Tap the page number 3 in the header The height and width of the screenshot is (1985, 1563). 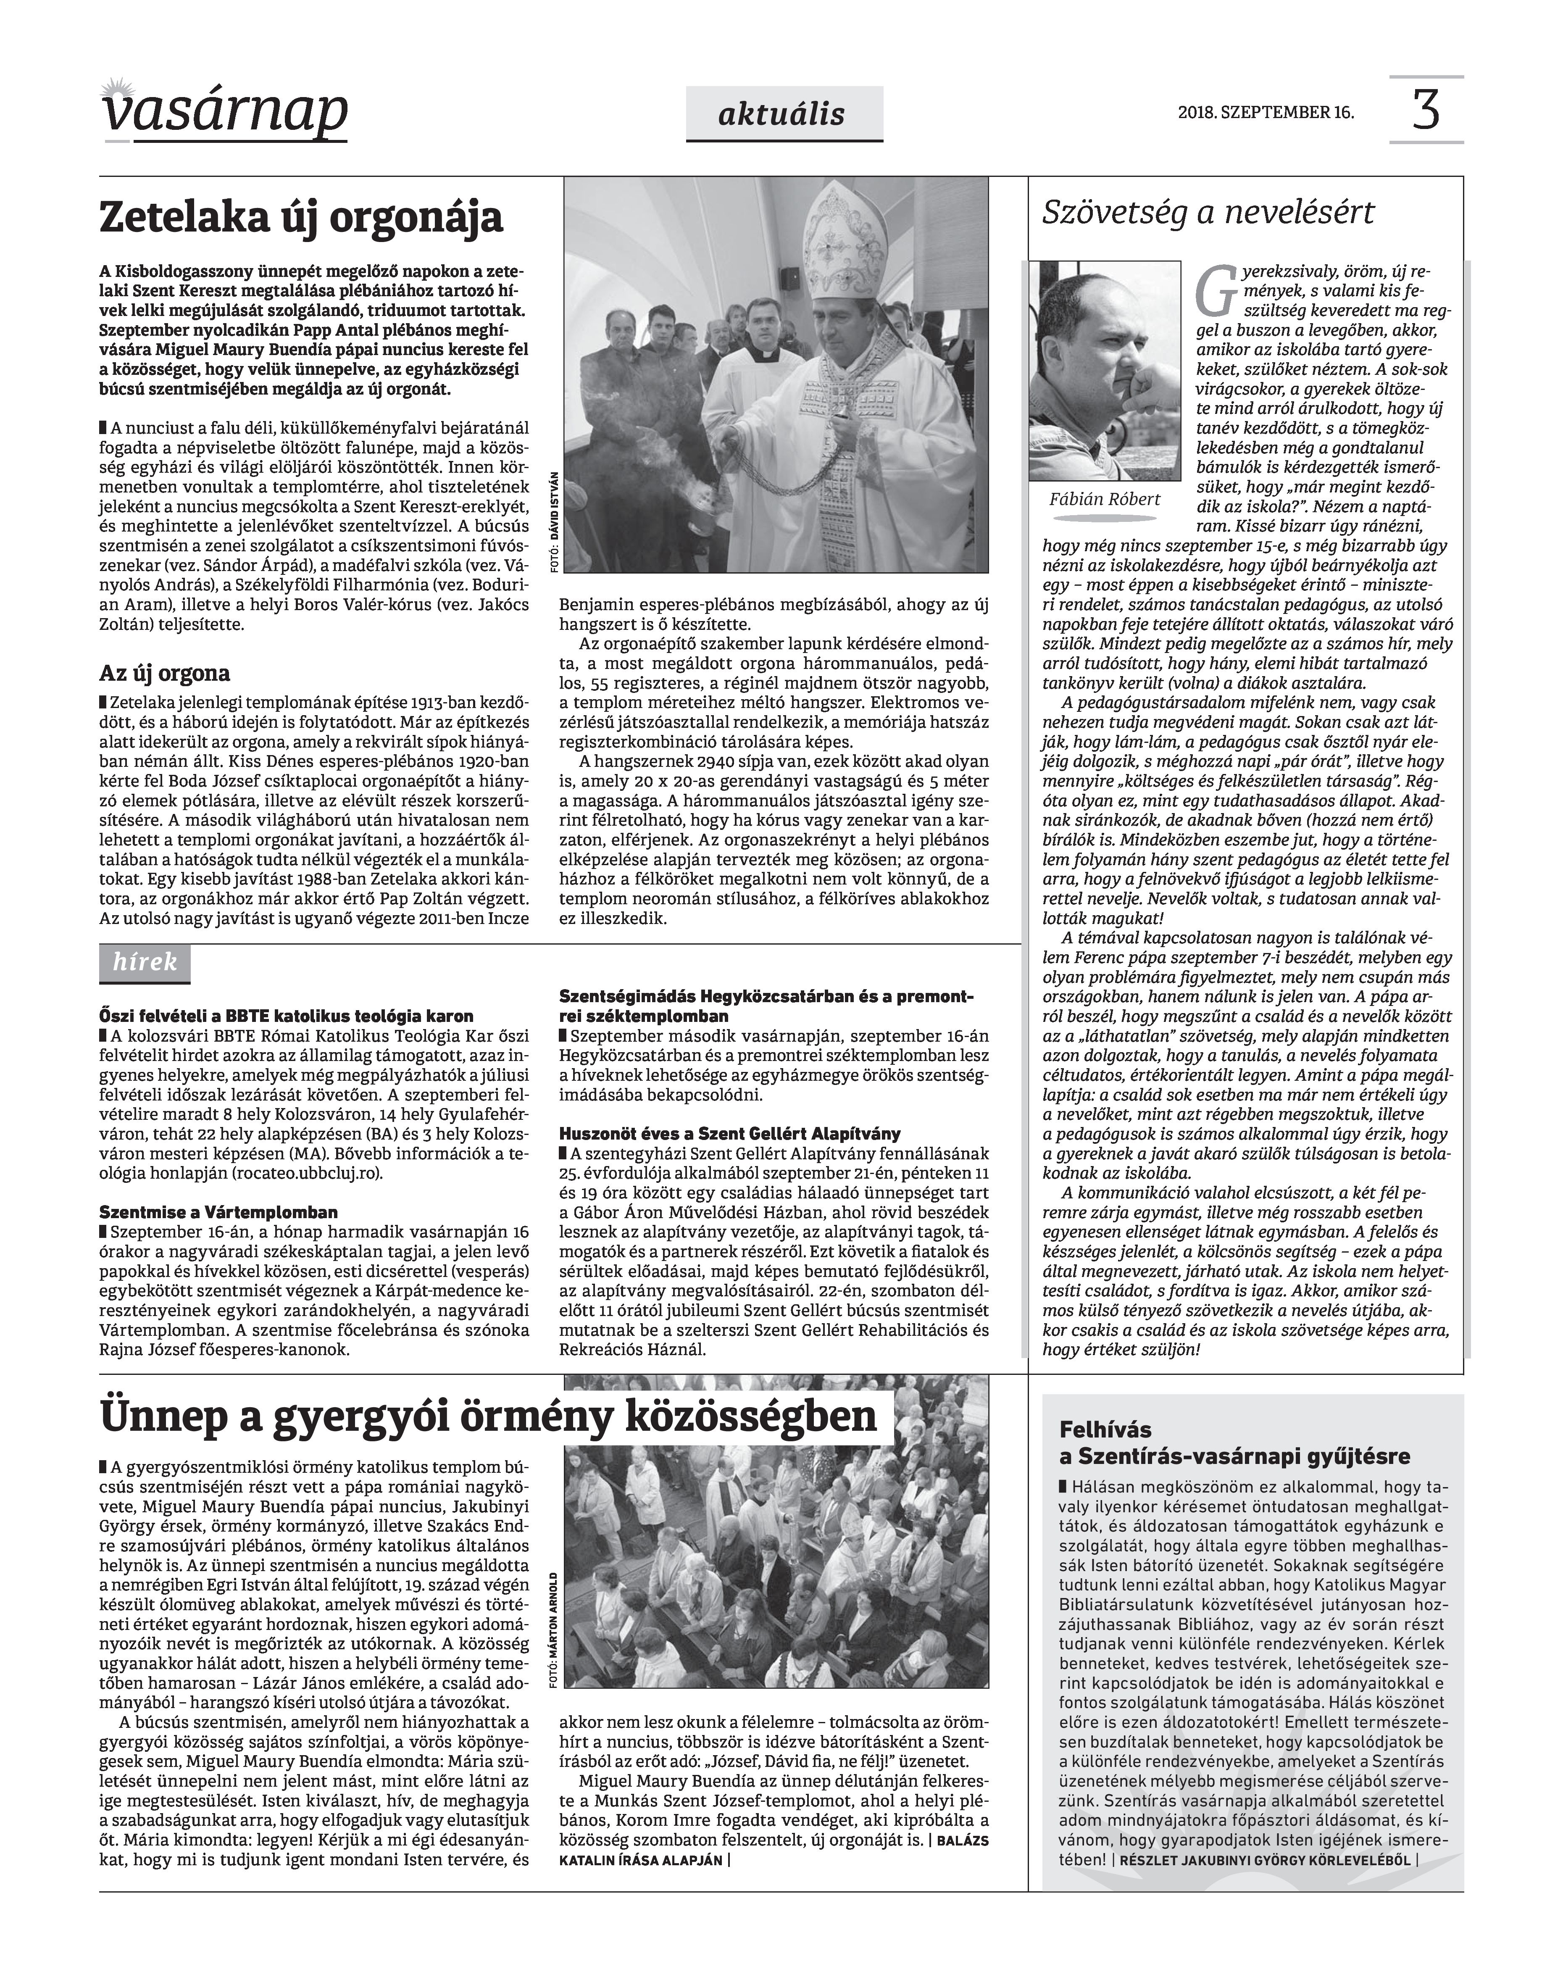point(1426,110)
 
